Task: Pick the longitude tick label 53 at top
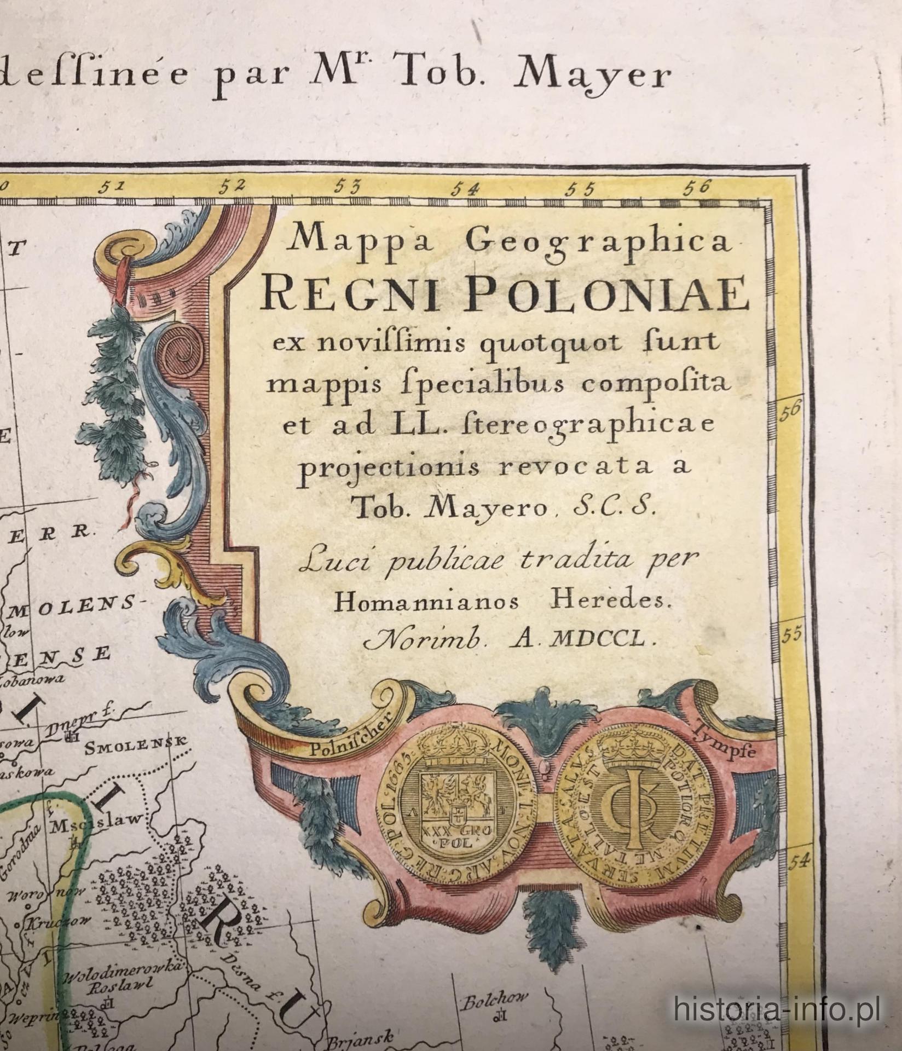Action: (348, 187)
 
